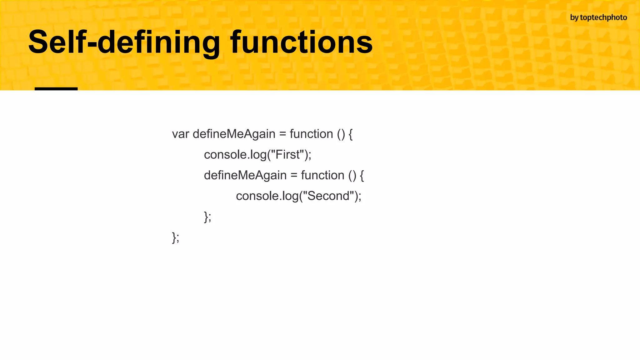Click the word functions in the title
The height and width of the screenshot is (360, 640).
tap(301, 42)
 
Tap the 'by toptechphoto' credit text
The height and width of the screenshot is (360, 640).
tap(598, 17)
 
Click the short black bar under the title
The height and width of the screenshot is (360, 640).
tap(56, 89)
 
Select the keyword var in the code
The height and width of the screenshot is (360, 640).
tap(180, 134)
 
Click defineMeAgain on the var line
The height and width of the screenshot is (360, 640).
tap(234, 134)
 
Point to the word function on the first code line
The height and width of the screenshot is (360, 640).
tap(311, 134)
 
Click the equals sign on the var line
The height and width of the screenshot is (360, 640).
tap(282, 134)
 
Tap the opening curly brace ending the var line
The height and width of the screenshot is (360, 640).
tap(350, 134)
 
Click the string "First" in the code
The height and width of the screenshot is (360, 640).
tap(287, 155)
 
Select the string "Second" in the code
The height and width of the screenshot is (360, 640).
tap(328, 196)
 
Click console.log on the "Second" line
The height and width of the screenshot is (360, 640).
tap(267, 196)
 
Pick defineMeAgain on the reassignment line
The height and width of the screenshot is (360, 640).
tap(245, 175)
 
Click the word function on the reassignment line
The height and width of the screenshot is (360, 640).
tap(322, 175)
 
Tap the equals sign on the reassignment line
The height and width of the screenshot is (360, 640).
tap(294, 175)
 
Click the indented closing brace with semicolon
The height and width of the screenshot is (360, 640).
tap(207, 217)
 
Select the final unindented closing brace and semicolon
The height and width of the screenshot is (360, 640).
tap(176, 237)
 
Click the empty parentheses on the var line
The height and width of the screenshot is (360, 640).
tap(341, 134)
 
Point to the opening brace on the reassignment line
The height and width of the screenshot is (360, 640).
tap(362, 175)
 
